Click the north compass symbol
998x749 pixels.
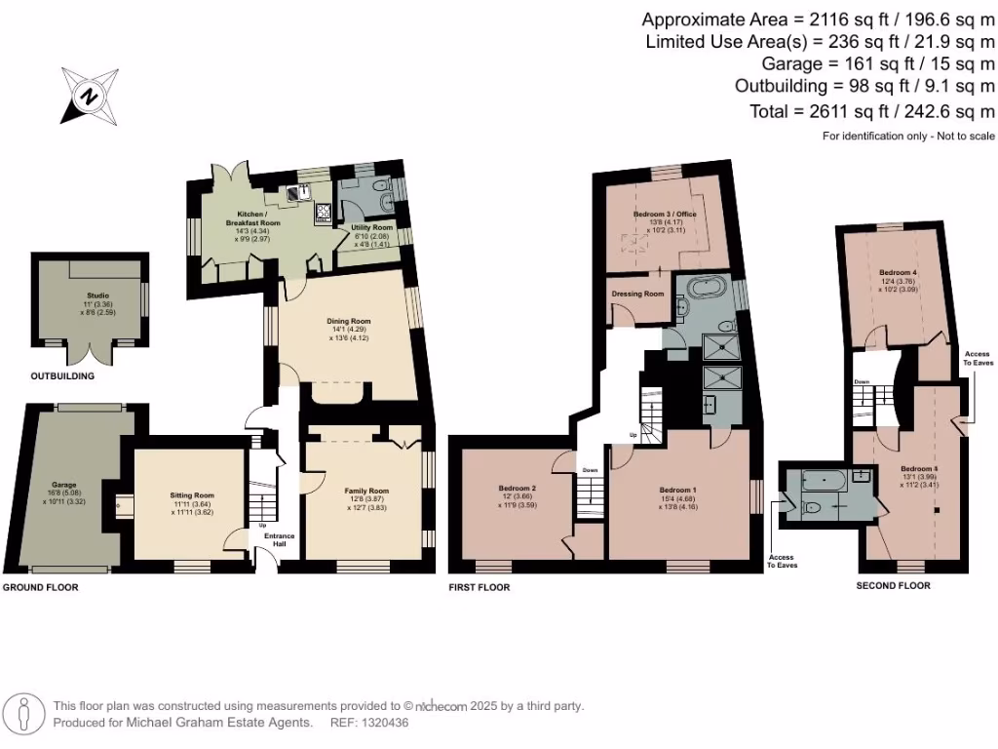point(90,97)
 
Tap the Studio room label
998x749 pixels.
point(97,295)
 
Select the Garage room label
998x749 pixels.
point(63,485)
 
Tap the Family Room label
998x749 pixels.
point(366,491)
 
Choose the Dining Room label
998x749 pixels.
point(348,320)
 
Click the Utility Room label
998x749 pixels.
point(371,227)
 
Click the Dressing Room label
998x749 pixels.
point(637,294)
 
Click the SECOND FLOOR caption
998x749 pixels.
point(893,585)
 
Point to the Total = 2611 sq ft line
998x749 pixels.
point(859,111)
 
